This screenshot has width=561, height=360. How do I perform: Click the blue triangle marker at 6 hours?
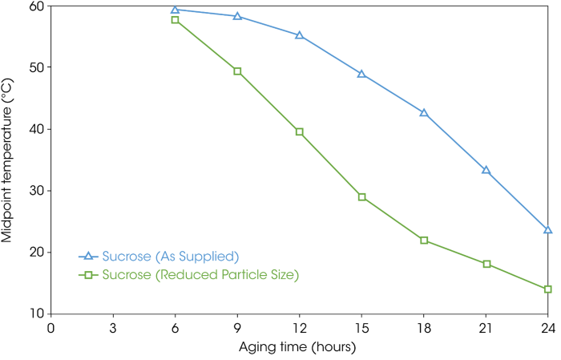click(175, 10)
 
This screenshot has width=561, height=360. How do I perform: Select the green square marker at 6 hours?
click(175, 20)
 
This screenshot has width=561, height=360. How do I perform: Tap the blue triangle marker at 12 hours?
click(299, 35)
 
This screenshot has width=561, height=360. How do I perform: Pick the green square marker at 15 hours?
click(361, 196)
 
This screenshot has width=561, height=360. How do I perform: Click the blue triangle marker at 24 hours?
click(547, 230)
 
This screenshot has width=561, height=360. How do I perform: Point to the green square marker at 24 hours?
click(547, 289)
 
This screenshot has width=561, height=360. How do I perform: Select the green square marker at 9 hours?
click(237, 71)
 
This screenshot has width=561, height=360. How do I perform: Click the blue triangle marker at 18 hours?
click(424, 113)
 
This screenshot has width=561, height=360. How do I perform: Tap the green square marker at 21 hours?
click(486, 264)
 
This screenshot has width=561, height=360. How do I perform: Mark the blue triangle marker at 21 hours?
click(486, 171)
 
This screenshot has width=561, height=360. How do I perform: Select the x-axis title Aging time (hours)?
click(298, 348)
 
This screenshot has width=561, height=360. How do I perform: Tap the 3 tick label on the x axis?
click(113, 328)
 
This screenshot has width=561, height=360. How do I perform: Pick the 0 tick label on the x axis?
click(51, 328)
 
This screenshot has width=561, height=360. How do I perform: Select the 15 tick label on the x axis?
click(361, 328)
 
